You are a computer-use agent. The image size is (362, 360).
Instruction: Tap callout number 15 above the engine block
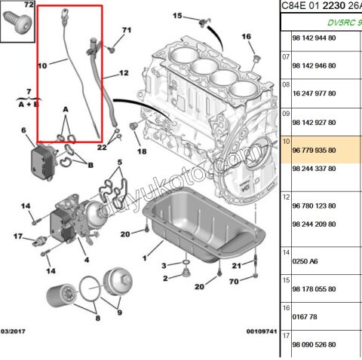177,16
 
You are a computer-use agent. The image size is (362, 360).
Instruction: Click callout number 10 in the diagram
42,66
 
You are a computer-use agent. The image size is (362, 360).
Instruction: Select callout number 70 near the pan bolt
235,281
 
